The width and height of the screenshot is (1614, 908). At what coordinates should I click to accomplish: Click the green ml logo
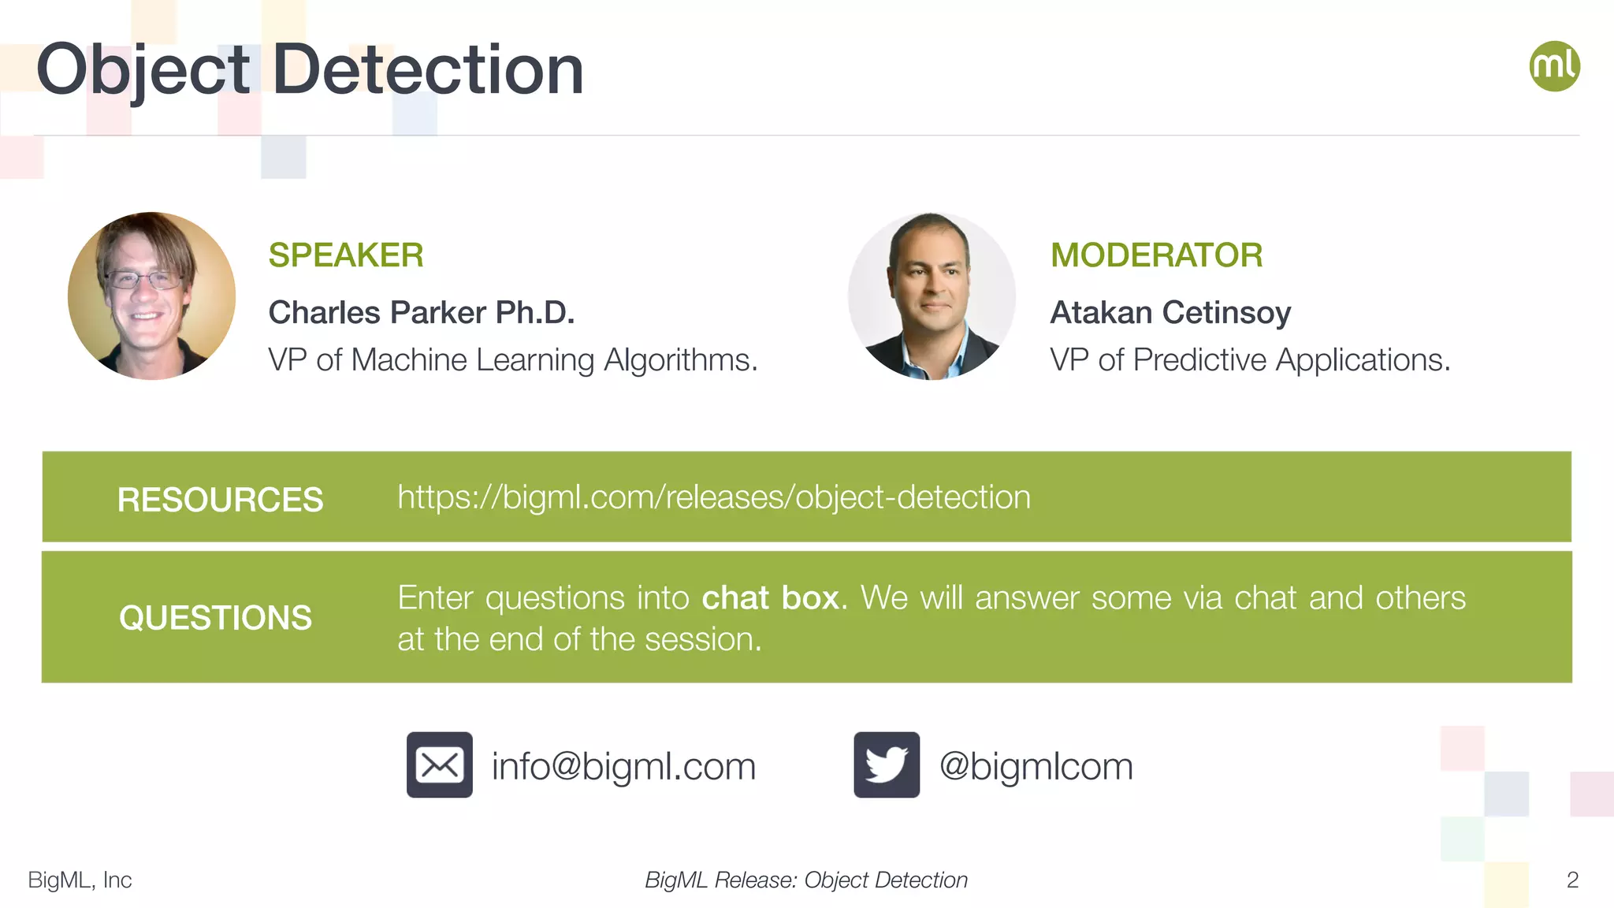pyautogui.click(x=1554, y=66)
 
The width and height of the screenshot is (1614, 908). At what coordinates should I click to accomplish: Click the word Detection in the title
pyautogui.click(x=427, y=70)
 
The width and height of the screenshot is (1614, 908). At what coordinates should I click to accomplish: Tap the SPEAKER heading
pyautogui.click(x=345, y=255)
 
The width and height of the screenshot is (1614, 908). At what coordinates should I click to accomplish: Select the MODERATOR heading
pyautogui.click(x=1156, y=255)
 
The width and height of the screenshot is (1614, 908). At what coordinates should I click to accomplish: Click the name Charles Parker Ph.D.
pyautogui.click(x=421, y=313)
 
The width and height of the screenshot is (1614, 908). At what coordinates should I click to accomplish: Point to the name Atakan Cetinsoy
pyautogui.click(x=1170, y=313)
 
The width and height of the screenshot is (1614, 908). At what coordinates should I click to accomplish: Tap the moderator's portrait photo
pyautogui.click(x=932, y=296)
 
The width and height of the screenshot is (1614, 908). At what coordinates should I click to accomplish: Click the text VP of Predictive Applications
pyautogui.click(x=1249, y=360)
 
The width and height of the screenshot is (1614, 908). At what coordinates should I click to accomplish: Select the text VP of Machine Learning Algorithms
pyautogui.click(x=512, y=360)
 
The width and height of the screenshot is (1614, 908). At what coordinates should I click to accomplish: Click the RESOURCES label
pyautogui.click(x=220, y=500)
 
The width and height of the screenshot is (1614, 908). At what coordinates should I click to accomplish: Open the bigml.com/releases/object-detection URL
pyautogui.click(x=713, y=497)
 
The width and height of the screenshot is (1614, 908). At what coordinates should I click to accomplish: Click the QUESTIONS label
pyautogui.click(x=215, y=618)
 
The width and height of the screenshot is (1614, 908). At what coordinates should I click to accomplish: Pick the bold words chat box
pyautogui.click(x=769, y=598)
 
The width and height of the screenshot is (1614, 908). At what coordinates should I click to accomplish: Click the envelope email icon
pyautogui.click(x=439, y=765)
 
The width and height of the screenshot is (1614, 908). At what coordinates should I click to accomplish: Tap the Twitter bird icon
pyautogui.click(x=886, y=765)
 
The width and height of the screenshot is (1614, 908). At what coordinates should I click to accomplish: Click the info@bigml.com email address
pyautogui.click(x=623, y=766)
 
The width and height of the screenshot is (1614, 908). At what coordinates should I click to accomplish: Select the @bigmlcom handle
pyautogui.click(x=1036, y=766)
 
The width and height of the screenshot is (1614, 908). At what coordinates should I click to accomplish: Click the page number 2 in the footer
pyautogui.click(x=1571, y=880)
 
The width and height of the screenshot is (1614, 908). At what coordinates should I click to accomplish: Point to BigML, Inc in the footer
pyautogui.click(x=80, y=880)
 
